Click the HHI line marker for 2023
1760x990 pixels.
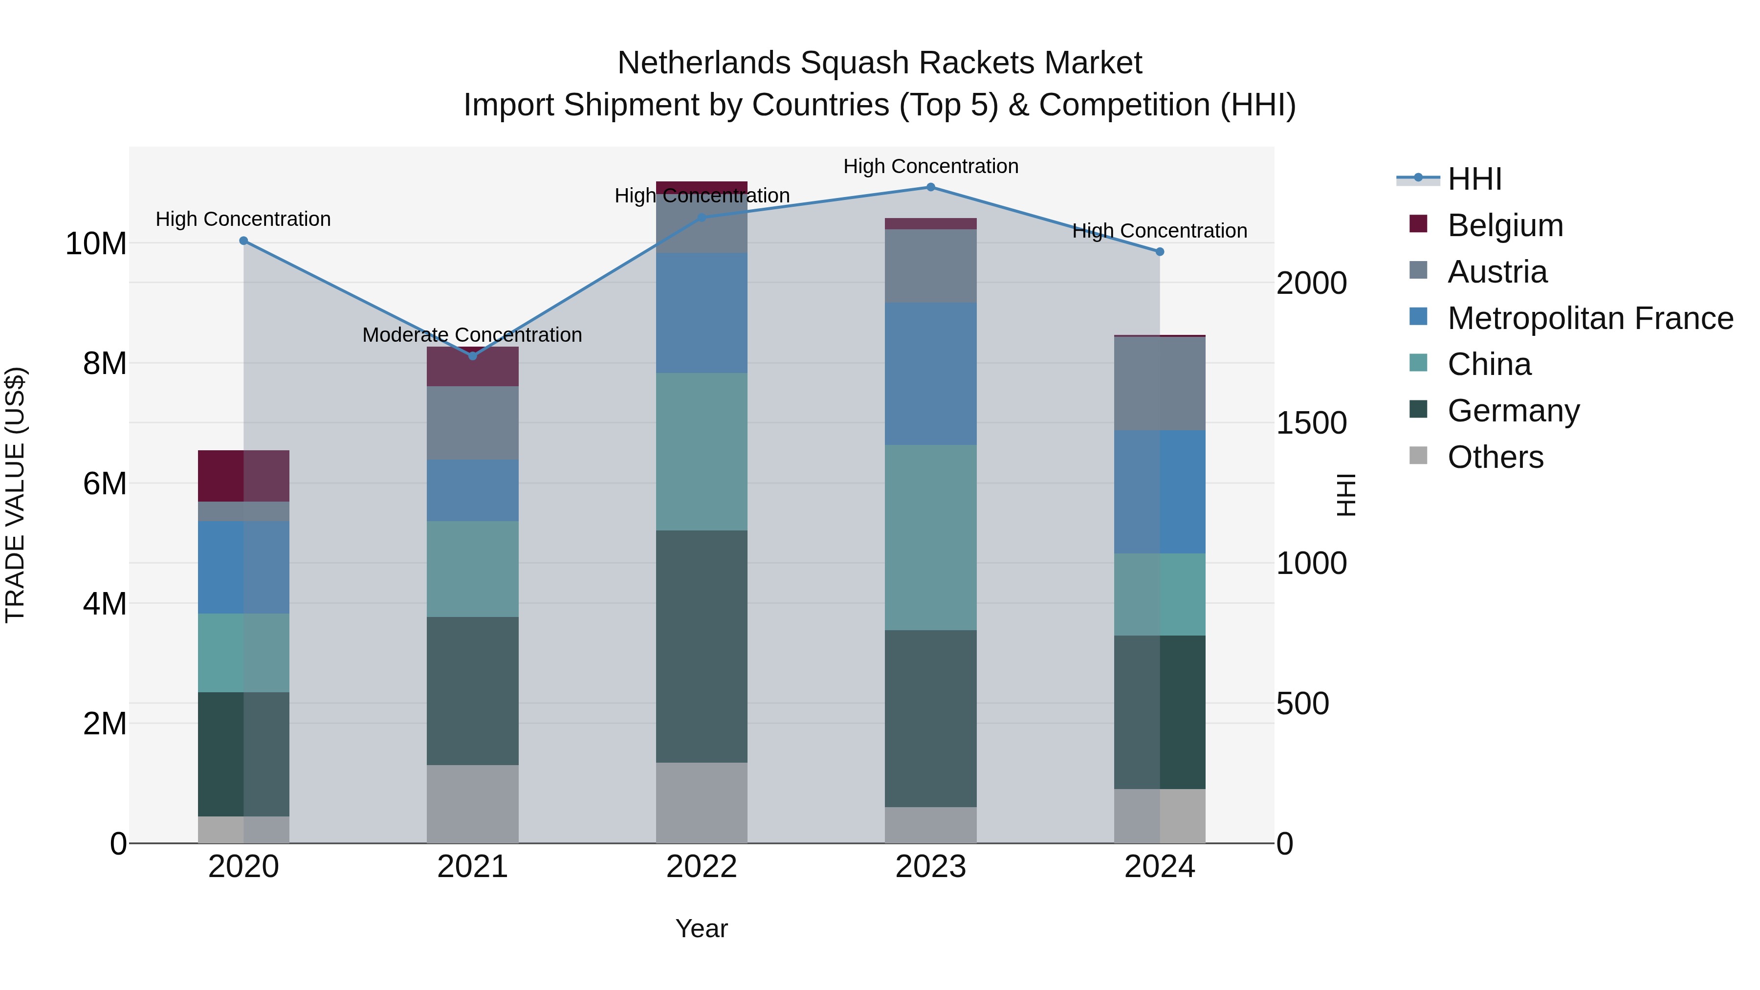(930, 187)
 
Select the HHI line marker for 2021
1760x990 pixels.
(473, 356)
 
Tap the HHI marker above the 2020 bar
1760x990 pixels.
(244, 241)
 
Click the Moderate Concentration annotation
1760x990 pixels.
(472, 335)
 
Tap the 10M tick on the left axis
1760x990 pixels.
(96, 244)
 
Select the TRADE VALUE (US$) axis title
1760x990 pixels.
(15, 495)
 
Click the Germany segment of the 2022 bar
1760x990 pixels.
(702, 646)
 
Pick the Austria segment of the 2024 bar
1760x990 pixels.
(1160, 383)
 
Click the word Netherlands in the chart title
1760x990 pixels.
(704, 63)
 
